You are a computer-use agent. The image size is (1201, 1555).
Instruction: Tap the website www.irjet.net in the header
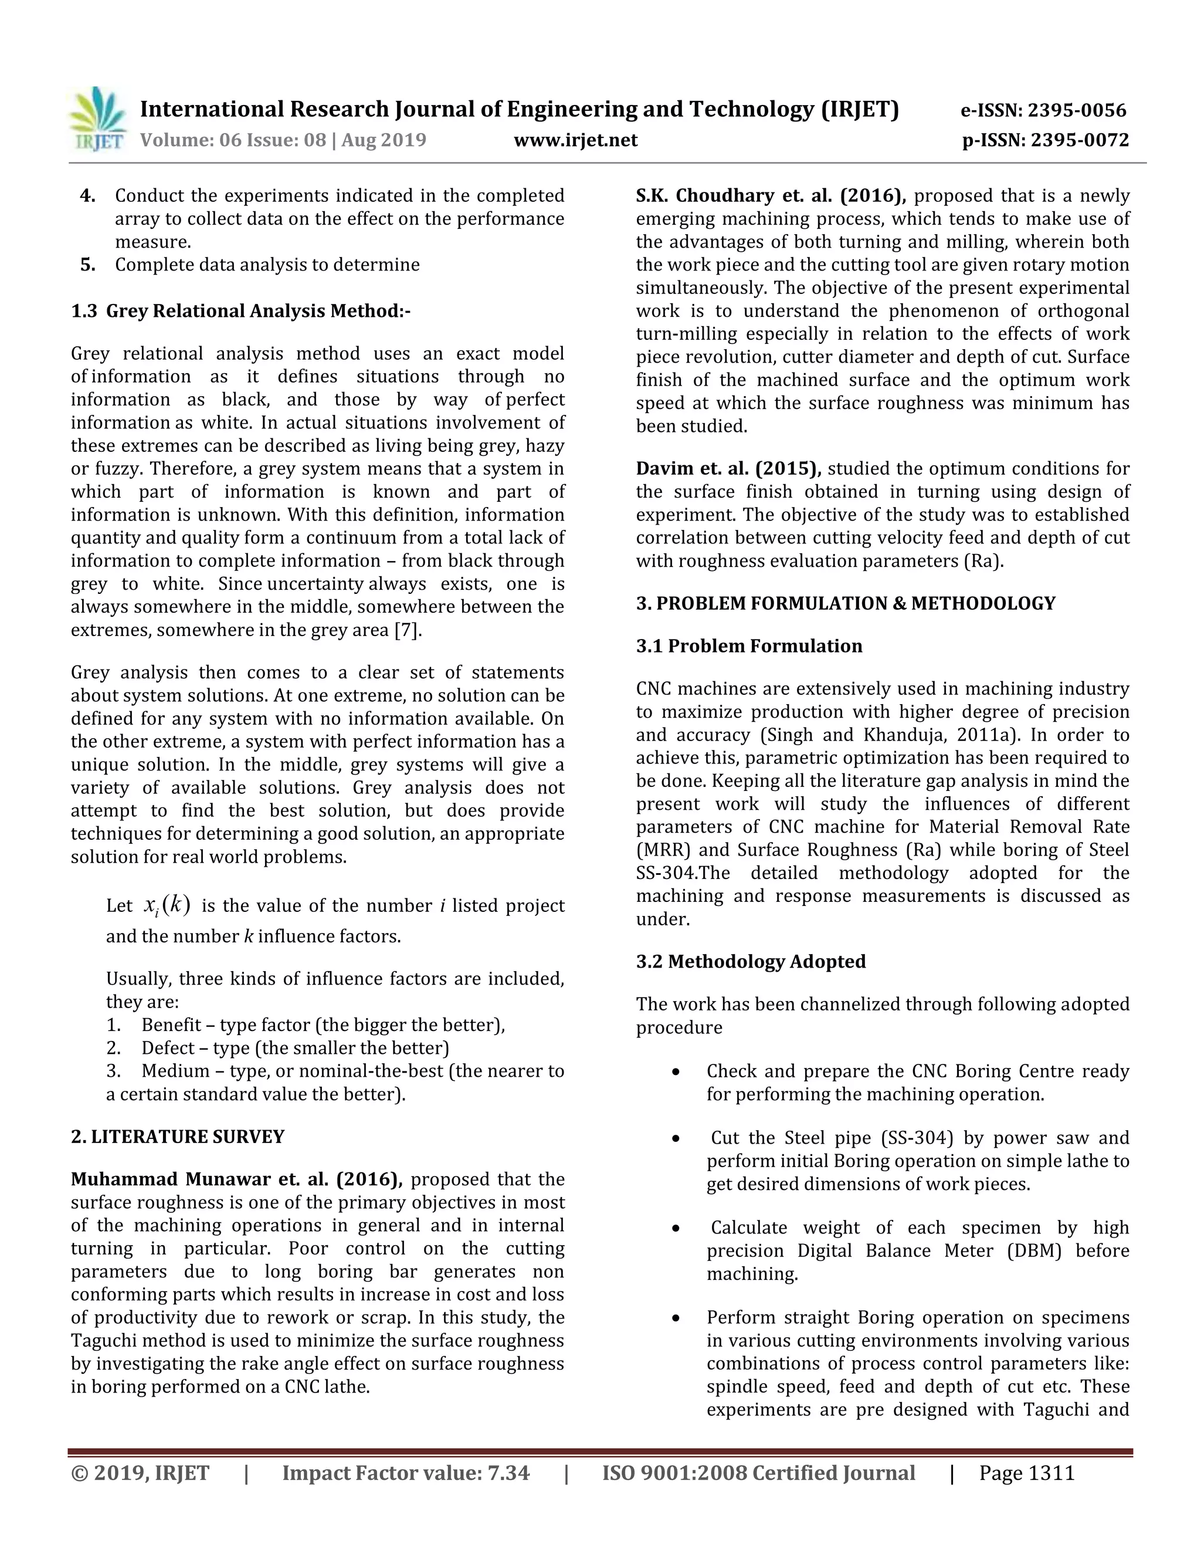(x=576, y=140)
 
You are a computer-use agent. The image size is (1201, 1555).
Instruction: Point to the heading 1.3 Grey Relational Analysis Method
(x=240, y=311)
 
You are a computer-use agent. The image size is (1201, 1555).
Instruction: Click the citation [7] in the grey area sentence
(x=407, y=630)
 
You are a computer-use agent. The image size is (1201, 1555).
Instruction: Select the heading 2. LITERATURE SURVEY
(x=177, y=1137)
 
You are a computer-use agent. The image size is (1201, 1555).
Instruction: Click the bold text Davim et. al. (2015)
(x=728, y=468)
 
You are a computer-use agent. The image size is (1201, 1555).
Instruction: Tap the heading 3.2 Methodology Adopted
(x=751, y=961)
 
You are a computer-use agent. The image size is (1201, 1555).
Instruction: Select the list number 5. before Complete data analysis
(x=87, y=265)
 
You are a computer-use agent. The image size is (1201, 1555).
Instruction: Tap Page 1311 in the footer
(x=1026, y=1473)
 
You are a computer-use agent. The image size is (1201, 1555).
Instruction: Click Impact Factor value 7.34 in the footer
(x=406, y=1473)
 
